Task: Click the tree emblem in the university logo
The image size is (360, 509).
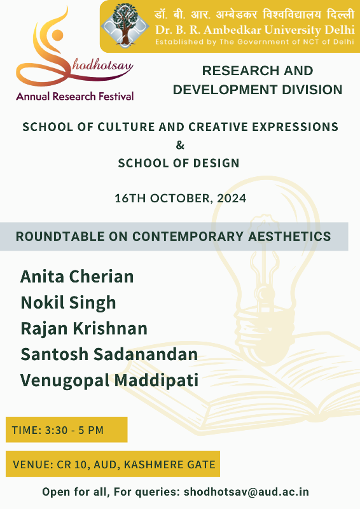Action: click(x=125, y=24)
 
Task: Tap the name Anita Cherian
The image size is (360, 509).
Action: click(x=77, y=277)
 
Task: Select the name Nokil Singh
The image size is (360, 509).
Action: click(x=68, y=303)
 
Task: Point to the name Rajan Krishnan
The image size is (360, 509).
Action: click(x=84, y=328)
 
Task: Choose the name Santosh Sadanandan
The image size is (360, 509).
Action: click(x=109, y=354)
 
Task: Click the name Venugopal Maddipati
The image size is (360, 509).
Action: click(x=109, y=380)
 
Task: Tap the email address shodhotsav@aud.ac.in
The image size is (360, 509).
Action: click(x=246, y=492)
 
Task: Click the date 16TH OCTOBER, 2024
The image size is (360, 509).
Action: click(x=181, y=199)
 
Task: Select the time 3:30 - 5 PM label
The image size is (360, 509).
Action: click(x=74, y=430)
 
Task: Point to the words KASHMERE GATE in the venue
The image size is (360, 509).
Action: click(x=170, y=464)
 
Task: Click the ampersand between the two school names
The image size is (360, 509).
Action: click(x=180, y=145)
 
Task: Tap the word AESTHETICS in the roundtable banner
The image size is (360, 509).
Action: click(x=289, y=236)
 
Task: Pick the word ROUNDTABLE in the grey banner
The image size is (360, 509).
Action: click(x=60, y=236)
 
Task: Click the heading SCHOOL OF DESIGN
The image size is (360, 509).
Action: click(x=179, y=163)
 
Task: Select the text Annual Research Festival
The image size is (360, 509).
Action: click(x=75, y=97)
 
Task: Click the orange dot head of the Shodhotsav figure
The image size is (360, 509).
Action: click(x=57, y=35)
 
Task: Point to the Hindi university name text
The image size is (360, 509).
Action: click(x=254, y=15)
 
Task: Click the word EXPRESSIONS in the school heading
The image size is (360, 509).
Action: click(x=295, y=127)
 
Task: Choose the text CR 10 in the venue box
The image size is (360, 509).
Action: click(x=72, y=464)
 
